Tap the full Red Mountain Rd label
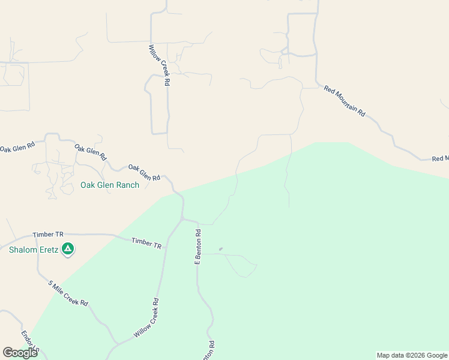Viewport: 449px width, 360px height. click(345, 101)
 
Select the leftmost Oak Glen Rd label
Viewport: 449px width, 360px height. click(17, 146)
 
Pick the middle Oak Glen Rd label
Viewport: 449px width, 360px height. click(90, 152)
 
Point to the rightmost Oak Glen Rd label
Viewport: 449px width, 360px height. click(144, 173)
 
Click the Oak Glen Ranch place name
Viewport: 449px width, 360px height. click(110, 185)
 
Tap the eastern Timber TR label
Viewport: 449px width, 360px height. click(146, 242)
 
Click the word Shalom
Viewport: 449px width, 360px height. click(23, 250)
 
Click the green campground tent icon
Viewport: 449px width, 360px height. click(68, 248)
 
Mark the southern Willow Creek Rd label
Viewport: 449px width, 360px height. click(146, 318)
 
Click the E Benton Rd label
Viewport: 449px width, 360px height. click(197, 246)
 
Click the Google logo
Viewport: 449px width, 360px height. click(20, 353)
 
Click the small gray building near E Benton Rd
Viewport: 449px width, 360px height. click(221, 248)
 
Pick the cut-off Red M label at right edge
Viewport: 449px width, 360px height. click(440, 158)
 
